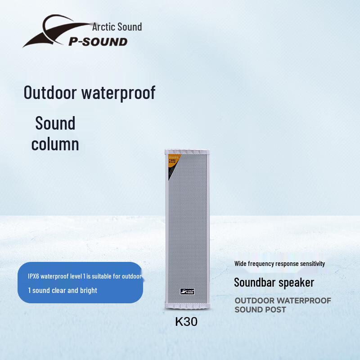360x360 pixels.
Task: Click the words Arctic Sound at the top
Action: pyautogui.click(x=117, y=27)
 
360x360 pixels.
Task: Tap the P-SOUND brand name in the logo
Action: pyautogui.click(x=98, y=42)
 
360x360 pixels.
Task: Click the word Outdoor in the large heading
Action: pyautogui.click(x=50, y=93)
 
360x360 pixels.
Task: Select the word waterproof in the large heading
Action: pyautogui.click(x=118, y=93)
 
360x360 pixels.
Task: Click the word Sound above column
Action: pyautogui.click(x=55, y=123)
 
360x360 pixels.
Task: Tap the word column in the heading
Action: pyautogui.click(x=55, y=144)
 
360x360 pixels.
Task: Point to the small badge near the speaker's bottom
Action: pyautogui.click(x=186, y=292)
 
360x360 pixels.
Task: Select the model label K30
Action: pyautogui.click(x=186, y=322)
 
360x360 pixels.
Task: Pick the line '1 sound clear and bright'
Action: pyautogui.click(x=63, y=290)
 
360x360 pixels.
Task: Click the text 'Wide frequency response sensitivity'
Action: pyautogui.click(x=279, y=264)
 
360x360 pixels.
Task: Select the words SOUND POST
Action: pyautogui.click(x=260, y=310)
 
